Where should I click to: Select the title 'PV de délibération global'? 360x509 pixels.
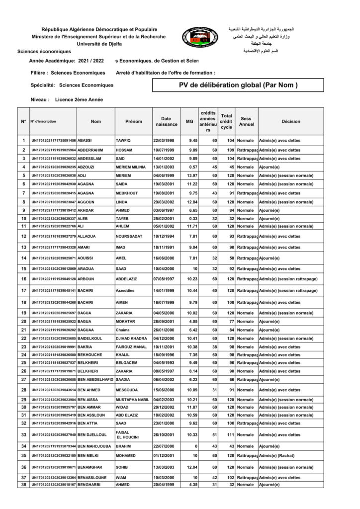[238, 85]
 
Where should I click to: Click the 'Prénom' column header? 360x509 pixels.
[133, 121]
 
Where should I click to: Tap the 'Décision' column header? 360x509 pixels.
[290, 121]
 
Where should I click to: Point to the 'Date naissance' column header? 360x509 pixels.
[166, 121]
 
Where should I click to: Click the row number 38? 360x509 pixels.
[23, 485]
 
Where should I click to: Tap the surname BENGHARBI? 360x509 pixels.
[90, 485]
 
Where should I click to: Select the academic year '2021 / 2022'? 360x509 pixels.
[91, 60]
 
